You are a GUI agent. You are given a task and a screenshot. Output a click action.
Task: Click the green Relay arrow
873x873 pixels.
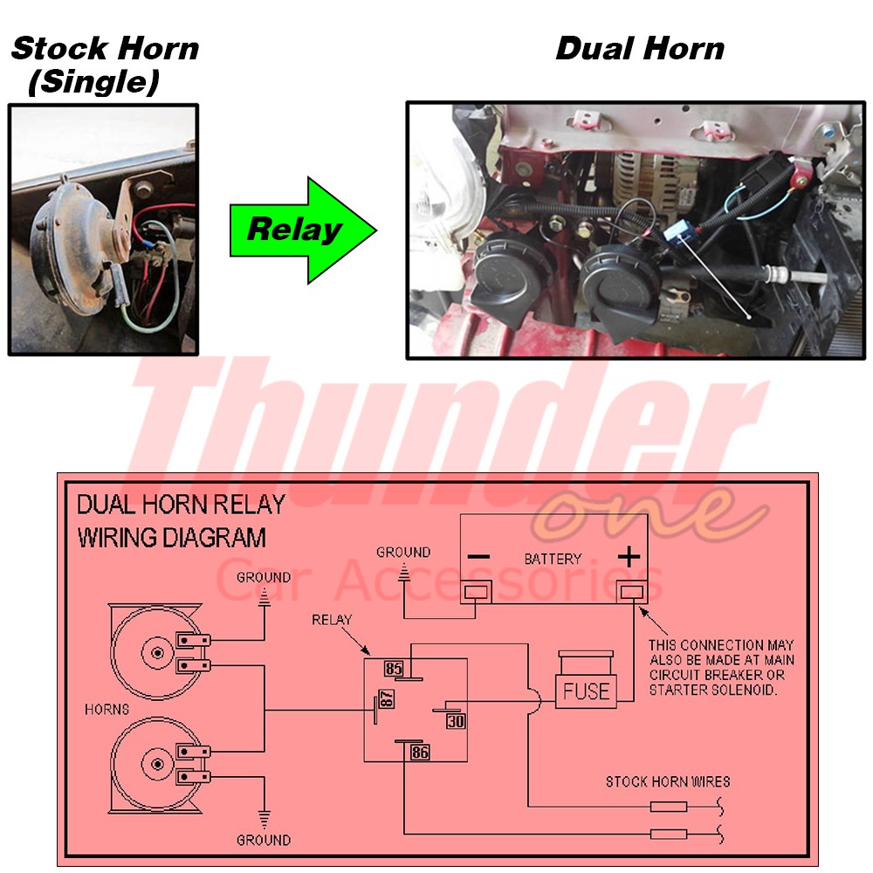coord(297,230)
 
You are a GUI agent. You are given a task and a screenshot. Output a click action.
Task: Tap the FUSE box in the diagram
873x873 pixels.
coord(586,691)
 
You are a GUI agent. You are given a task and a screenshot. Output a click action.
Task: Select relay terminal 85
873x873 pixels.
coord(394,669)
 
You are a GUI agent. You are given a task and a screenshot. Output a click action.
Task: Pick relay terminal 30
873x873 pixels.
coord(456,721)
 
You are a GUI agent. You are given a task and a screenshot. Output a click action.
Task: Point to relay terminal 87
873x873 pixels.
coord(386,699)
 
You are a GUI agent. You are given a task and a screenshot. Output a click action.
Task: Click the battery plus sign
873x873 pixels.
coord(629,556)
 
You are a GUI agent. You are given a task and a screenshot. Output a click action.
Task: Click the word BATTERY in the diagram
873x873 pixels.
coord(553,559)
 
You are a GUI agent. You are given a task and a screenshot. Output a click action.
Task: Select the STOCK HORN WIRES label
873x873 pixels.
coord(668,781)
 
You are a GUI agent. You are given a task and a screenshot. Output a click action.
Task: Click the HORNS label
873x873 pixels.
coord(107,709)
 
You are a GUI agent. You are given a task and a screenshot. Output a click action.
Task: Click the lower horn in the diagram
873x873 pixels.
coord(157,764)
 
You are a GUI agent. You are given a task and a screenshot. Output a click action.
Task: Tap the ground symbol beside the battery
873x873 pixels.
coord(404,574)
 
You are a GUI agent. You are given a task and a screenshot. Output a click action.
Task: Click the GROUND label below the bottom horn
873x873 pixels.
coord(264,840)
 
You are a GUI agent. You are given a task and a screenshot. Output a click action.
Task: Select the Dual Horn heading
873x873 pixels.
coord(640,48)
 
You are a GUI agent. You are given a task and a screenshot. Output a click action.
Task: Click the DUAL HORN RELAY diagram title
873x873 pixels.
coord(181,505)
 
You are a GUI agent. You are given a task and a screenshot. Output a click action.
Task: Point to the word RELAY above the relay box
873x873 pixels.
coord(332,620)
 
